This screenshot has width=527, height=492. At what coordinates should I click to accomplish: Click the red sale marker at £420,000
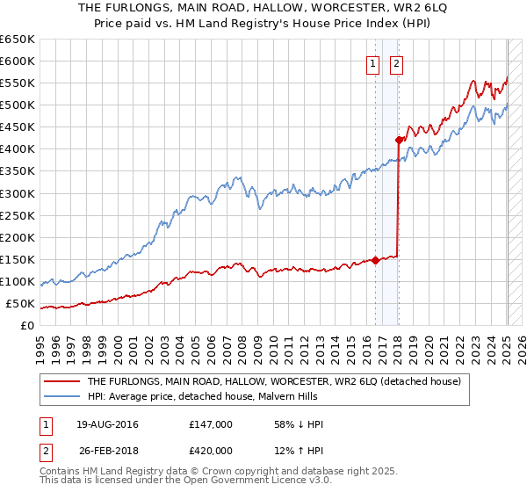(x=399, y=139)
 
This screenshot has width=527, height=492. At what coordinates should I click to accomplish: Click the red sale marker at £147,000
(x=375, y=260)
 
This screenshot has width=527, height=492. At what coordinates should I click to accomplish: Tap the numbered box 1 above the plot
(x=373, y=62)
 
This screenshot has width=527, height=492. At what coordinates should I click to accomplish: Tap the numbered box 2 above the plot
(x=396, y=62)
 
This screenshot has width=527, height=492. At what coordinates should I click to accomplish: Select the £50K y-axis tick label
(x=21, y=304)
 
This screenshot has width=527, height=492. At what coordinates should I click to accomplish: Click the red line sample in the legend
(x=63, y=381)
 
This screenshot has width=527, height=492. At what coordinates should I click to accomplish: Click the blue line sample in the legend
(x=63, y=396)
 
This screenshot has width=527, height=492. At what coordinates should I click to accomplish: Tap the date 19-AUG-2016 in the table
(x=108, y=425)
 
